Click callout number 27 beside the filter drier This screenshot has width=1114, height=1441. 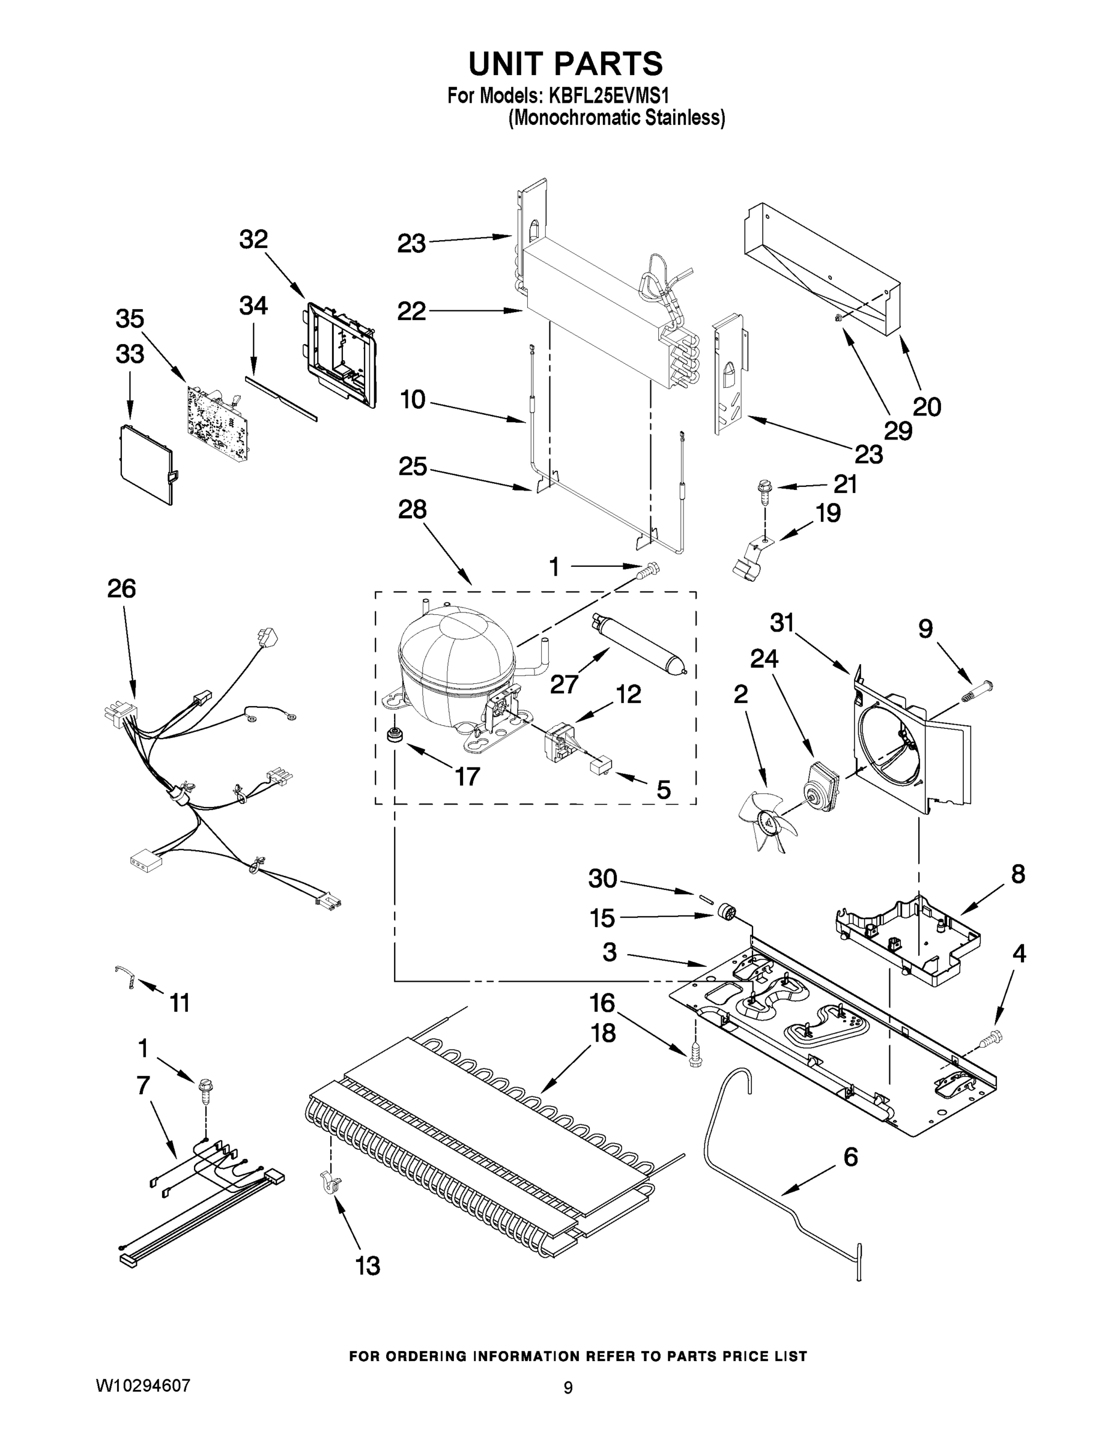565,684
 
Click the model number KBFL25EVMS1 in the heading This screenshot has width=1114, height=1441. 608,95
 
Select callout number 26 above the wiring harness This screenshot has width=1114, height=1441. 121,588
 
